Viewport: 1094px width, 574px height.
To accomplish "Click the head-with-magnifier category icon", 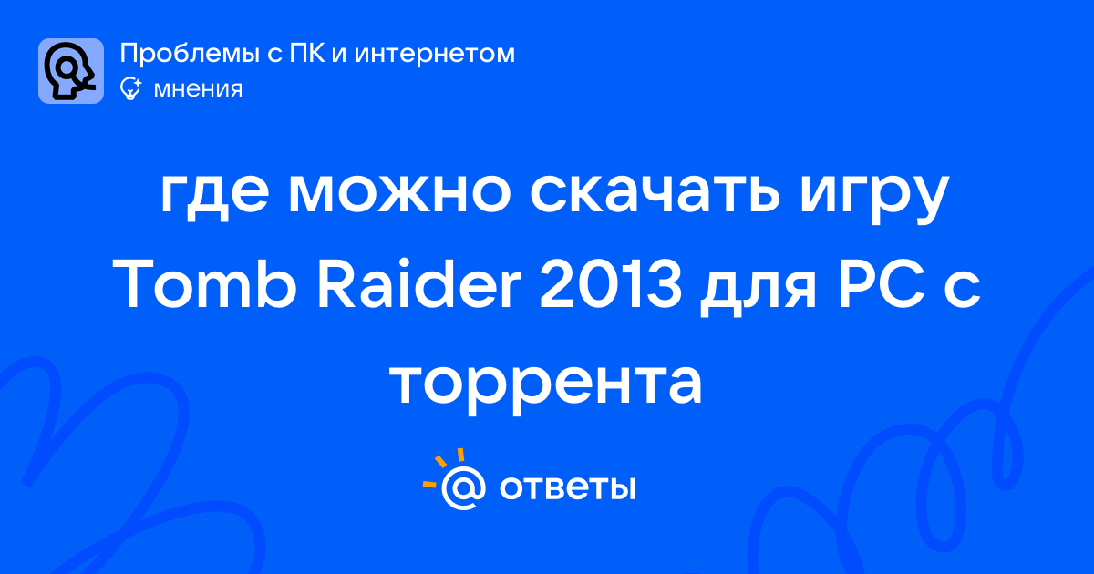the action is pos(71,71).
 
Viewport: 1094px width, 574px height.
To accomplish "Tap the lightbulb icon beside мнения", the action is pos(130,88).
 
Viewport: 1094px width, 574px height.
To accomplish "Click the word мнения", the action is pos(198,89).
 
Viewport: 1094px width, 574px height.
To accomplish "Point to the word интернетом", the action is pos(434,54).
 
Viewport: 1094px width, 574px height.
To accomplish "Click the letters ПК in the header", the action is pos(307,53).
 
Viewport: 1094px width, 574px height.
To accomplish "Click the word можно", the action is pos(399,194).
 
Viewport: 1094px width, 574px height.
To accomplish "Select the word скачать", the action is pos(655,193).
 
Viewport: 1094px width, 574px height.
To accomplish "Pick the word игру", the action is pos(874,197).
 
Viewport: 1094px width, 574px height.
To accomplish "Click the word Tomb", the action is pos(205,283).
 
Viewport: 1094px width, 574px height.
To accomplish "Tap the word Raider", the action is pos(419,283).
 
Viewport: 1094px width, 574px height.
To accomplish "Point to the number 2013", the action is pos(611,284).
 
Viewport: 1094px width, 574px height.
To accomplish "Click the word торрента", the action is pos(546,385).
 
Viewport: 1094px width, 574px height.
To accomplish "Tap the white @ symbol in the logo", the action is pos(463,487).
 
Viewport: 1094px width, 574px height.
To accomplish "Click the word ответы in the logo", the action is pos(567,488).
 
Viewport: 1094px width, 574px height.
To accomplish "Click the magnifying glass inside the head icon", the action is pos(68,68).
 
